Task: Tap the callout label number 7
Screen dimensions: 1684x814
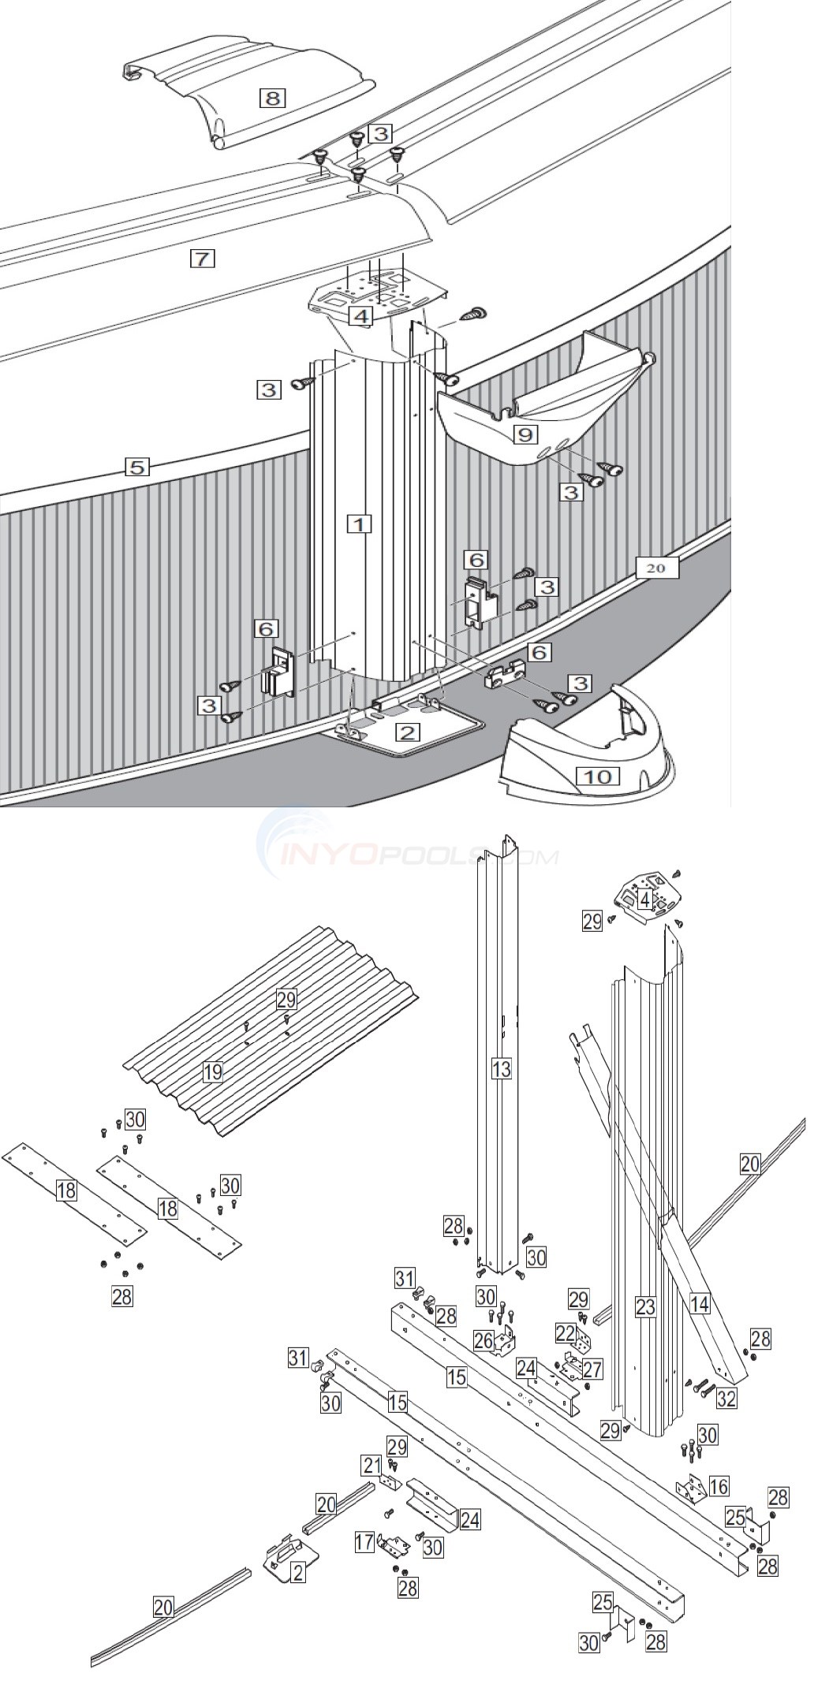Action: (x=203, y=257)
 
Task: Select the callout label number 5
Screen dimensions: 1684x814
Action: (x=136, y=467)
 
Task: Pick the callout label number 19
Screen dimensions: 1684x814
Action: (x=212, y=1071)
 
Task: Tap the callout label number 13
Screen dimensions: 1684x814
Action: (x=501, y=1068)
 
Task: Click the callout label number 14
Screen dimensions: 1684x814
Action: (x=699, y=1303)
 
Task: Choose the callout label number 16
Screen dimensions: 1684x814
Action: (x=719, y=1486)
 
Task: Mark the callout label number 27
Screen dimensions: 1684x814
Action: (x=592, y=1369)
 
